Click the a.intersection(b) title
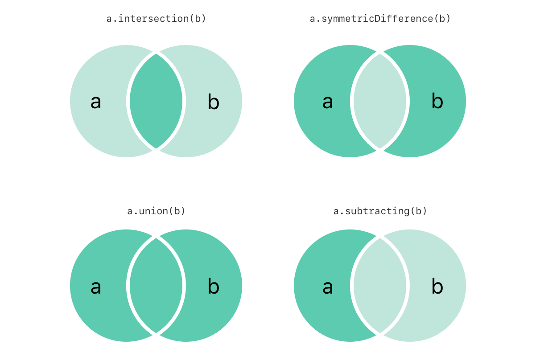pyautogui.click(x=156, y=19)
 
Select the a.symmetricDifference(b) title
pyautogui.click(x=380, y=19)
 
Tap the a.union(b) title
pyautogui.click(x=156, y=211)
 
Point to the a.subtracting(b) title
pyautogui.click(x=380, y=211)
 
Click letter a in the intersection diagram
pyautogui.click(x=96, y=102)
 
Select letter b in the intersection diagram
pyautogui.click(x=214, y=102)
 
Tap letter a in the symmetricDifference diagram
pyautogui.click(x=328, y=102)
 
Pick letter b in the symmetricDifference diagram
pyautogui.click(x=437, y=101)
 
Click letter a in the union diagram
pyautogui.click(x=96, y=287)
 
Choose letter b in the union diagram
pyautogui.click(x=214, y=286)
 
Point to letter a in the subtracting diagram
pyautogui.click(x=328, y=287)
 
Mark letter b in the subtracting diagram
pyautogui.click(x=437, y=286)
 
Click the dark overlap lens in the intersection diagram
pyautogui.click(x=156, y=101)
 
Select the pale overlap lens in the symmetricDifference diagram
pyautogui.click(x=380, y=101)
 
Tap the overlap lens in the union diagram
pyautogui.click(x=156, y=286)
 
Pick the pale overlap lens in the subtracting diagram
pyautogui.click(x=380, y=286)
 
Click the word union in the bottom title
pyautogui.click(x=153, y=211)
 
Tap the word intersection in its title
pyautogui.click(x=153, y=19)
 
